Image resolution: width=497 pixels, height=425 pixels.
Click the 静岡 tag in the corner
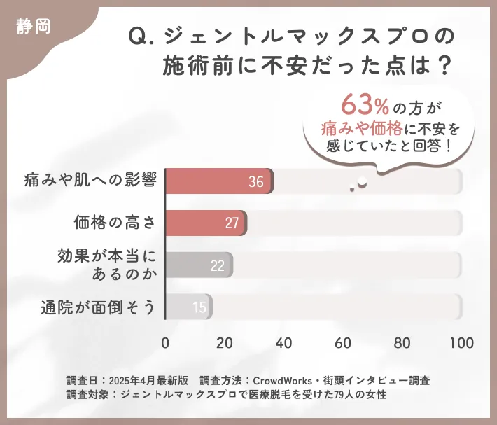tap(32, 27)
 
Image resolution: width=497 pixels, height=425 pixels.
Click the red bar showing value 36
tap(219, 181)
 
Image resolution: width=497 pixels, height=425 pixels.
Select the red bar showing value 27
tap(206, 223)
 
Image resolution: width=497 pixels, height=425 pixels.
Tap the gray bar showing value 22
tap(199, 265)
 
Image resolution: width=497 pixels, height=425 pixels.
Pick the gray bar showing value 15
tap(189, 307)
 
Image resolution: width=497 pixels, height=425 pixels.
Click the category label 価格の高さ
tap(114, 223)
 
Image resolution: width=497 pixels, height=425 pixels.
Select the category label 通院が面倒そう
tap(97, 307)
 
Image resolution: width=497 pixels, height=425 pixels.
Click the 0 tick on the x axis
tap(165, 343)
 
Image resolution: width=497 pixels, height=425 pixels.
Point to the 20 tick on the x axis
tap(225, 343)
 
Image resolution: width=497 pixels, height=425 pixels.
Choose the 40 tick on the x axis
tap(283, 343)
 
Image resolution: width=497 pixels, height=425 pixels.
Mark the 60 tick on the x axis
tap(343, 343)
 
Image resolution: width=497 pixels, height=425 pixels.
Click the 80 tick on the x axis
tap(402, 343)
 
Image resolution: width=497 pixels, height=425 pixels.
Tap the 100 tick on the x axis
tap(461, 343)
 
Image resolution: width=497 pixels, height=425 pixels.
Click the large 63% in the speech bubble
tap(365, 106)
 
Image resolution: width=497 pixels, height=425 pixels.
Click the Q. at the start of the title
tap(143, 36)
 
